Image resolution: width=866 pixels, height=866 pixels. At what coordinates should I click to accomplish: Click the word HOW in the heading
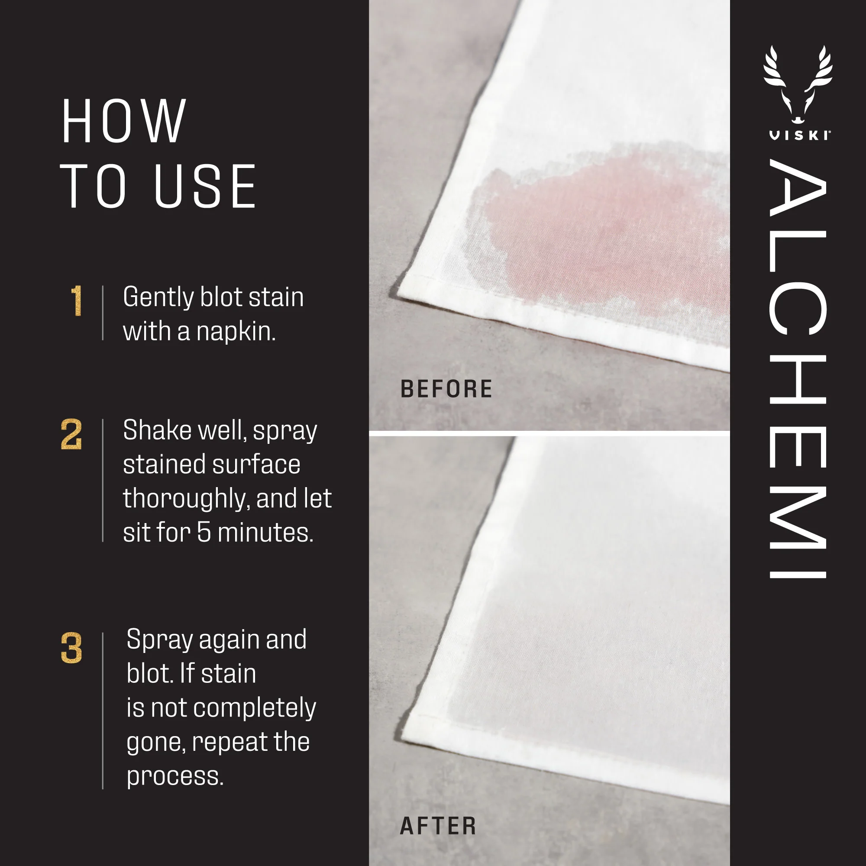coord(123,122)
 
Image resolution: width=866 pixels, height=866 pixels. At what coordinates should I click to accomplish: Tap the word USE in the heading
coord(205,186)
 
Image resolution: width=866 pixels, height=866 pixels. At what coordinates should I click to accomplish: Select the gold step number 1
coord(77,301)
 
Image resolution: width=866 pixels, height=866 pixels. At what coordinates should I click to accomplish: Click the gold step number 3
coord(72,648)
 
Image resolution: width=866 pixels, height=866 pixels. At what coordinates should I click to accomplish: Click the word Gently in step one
coord(158,298)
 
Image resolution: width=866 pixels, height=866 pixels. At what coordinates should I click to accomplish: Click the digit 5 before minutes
coord(204,533)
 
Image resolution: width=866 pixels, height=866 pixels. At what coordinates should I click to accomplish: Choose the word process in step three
coord(175,777)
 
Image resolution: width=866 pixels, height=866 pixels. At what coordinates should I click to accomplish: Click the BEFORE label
coord(446,389)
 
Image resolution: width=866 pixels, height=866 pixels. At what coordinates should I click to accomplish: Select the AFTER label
coord(438,826)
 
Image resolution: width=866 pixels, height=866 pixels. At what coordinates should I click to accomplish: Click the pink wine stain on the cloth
coord(605,224)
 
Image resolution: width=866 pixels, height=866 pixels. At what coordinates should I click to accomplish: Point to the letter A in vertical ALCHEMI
coord(798,188)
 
